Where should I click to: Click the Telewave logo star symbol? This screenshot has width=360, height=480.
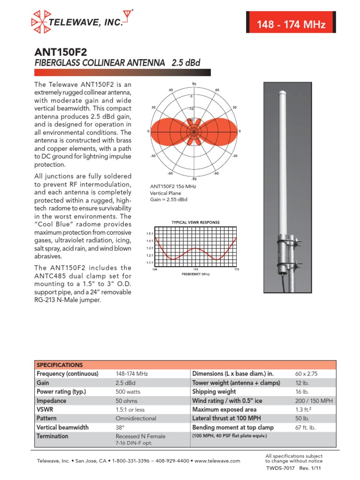point(41,21)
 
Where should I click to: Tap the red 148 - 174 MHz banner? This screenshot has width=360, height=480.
point(291,25)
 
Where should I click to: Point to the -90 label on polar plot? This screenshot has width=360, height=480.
point(194,179)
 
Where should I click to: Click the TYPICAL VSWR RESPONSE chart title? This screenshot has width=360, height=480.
point(194,222)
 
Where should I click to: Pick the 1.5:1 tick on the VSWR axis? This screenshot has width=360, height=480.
point(150,233)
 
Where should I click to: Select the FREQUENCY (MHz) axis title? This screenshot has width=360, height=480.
point(195,274)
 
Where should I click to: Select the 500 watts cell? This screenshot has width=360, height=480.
point(127,392)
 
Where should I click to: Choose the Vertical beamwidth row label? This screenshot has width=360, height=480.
point(62,427)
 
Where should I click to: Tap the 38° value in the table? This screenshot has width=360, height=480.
point(120,427)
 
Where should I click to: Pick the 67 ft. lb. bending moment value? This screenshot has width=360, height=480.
point(304,427)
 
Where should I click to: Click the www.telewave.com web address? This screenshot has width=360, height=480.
point(217,461)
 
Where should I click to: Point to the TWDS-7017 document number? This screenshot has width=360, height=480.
point(279,468)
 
